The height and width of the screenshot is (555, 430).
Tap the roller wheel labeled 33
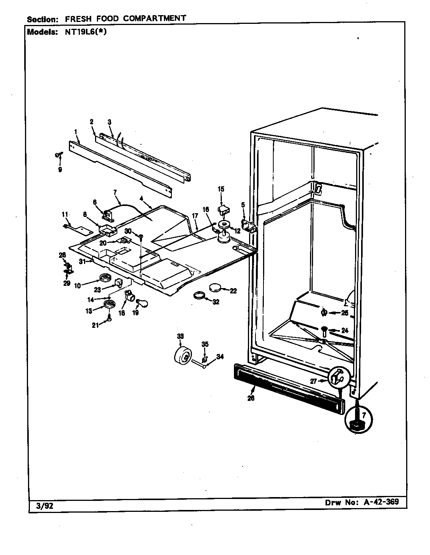pyautogui.click(x=184, y=356)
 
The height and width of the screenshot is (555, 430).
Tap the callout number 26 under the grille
pyautogui.click(x=251, y=398)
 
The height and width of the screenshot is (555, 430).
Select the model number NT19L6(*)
pyautogui.click(x=83, y=32)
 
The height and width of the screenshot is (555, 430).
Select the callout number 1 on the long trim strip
pyautogui.click(x=76, y=131)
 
